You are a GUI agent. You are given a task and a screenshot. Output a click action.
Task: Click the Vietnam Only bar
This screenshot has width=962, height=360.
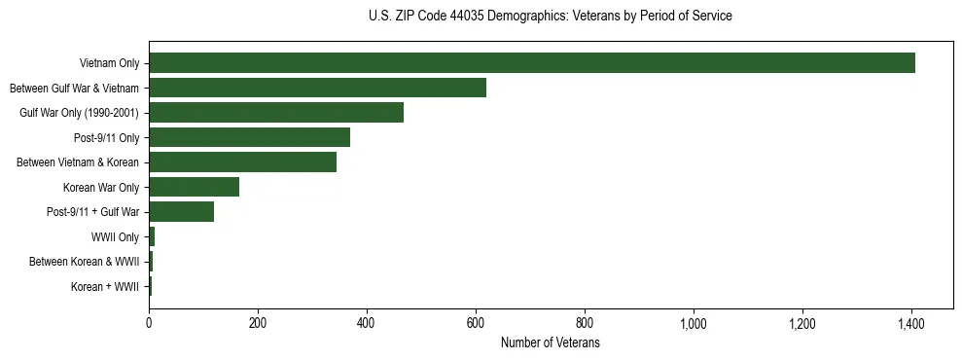[532, 63]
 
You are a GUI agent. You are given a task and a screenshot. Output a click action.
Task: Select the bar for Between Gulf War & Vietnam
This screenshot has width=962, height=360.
[317, 88]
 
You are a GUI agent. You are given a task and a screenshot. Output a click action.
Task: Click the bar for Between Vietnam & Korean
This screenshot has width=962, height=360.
[242, 162]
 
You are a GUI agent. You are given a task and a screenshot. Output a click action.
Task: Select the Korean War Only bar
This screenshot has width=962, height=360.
[194, 187]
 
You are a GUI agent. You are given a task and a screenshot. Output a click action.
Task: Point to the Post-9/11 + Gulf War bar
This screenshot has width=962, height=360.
[181, 211]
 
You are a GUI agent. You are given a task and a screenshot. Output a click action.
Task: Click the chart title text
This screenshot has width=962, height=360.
[551, 17]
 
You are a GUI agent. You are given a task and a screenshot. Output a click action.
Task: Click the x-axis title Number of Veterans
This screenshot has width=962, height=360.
[551, 342]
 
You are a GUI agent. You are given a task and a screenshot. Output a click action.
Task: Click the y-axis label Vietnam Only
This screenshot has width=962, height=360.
[109, 64]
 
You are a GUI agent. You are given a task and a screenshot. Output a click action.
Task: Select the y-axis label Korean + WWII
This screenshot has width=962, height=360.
[105, 287]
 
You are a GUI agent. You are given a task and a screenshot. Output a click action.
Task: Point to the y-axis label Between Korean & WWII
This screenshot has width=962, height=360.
[85, 262]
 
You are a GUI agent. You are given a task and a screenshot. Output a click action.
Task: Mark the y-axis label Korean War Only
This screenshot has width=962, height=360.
[101, 187]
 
